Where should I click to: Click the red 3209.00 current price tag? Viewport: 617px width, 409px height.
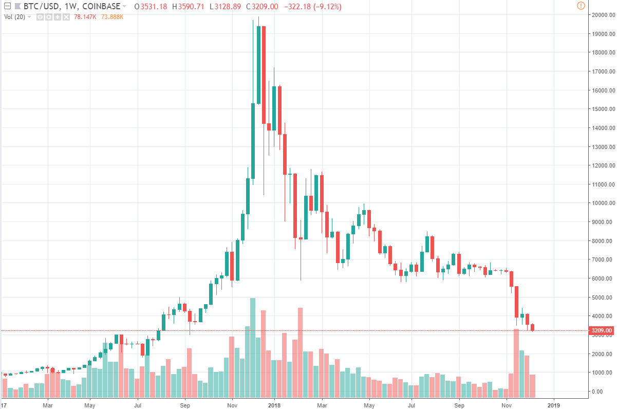(x=601, y=330)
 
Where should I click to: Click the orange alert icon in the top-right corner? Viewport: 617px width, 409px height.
(x=581, y=6)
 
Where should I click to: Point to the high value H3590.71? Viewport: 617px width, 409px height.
(x=189, y=7)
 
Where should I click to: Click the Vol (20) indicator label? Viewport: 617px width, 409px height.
(x=15, y=16)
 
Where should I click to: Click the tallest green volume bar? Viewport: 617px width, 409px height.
(x=253, y=347)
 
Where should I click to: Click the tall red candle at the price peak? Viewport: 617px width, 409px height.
(x=264, y=75)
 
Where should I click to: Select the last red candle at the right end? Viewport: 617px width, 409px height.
(x=533, y=327)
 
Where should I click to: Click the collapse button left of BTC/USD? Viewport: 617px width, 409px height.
(x=7, y=7)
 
